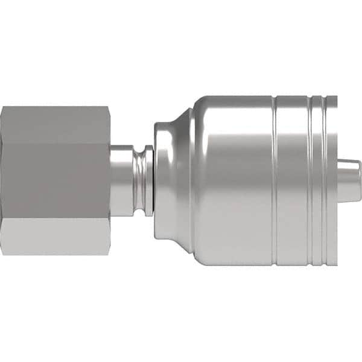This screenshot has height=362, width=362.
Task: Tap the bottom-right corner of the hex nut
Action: tap(109, 254)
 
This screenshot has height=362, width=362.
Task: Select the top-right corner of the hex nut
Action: tap(109, 107)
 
